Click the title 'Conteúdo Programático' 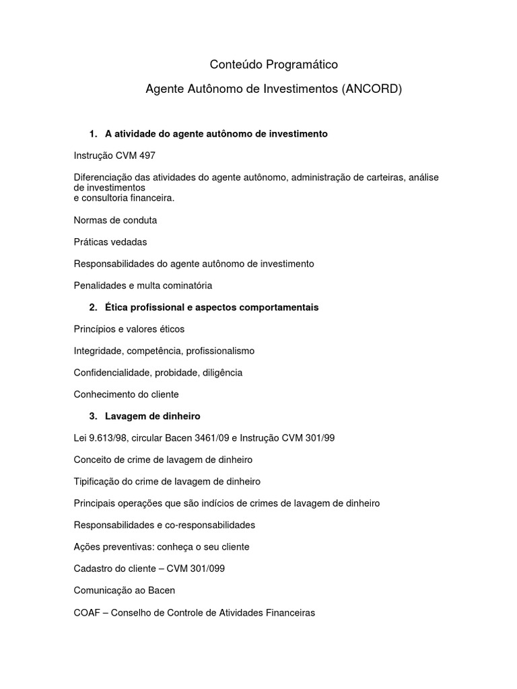273,65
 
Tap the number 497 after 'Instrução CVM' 146,155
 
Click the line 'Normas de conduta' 115,220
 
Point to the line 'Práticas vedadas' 110,242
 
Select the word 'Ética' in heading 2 117,307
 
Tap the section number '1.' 94,134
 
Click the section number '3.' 94,416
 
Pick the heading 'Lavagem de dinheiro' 153,416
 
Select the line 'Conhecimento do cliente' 126,394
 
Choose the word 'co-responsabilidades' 210,525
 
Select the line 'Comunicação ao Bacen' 125,591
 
